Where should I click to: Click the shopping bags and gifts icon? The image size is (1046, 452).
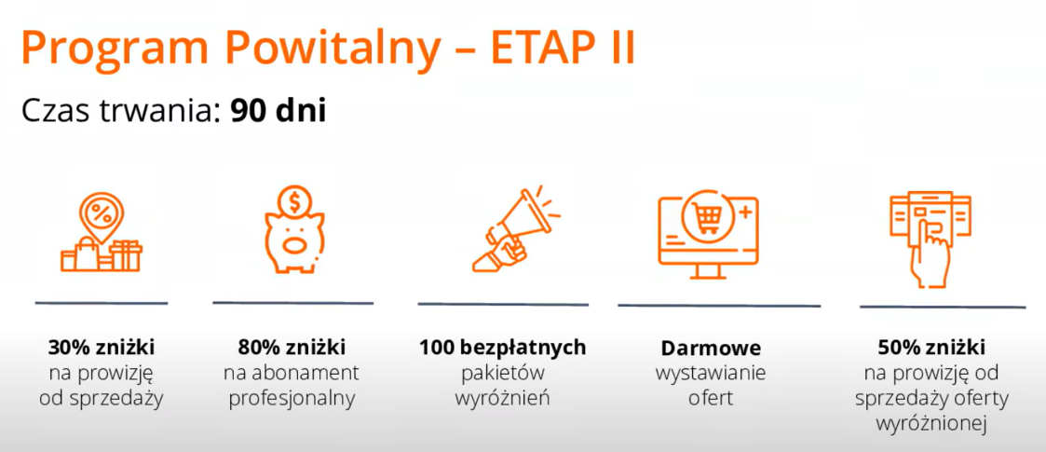tap(102, 231)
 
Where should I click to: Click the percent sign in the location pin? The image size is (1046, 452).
tap(102, 214)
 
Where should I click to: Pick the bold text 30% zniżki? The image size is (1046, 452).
tap(102, 348)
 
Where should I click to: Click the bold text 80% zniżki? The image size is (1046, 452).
tap(292, 348)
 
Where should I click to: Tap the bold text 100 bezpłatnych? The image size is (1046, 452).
tap(502, 348)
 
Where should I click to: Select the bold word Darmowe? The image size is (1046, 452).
tap(711, 349)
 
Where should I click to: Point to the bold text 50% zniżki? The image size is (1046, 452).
tap(931, 348)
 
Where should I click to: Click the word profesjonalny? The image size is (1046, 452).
tap(292, 399)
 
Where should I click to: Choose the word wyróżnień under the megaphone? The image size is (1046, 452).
tap(502, 399)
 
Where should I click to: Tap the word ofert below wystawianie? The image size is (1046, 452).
tap(711, 399)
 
